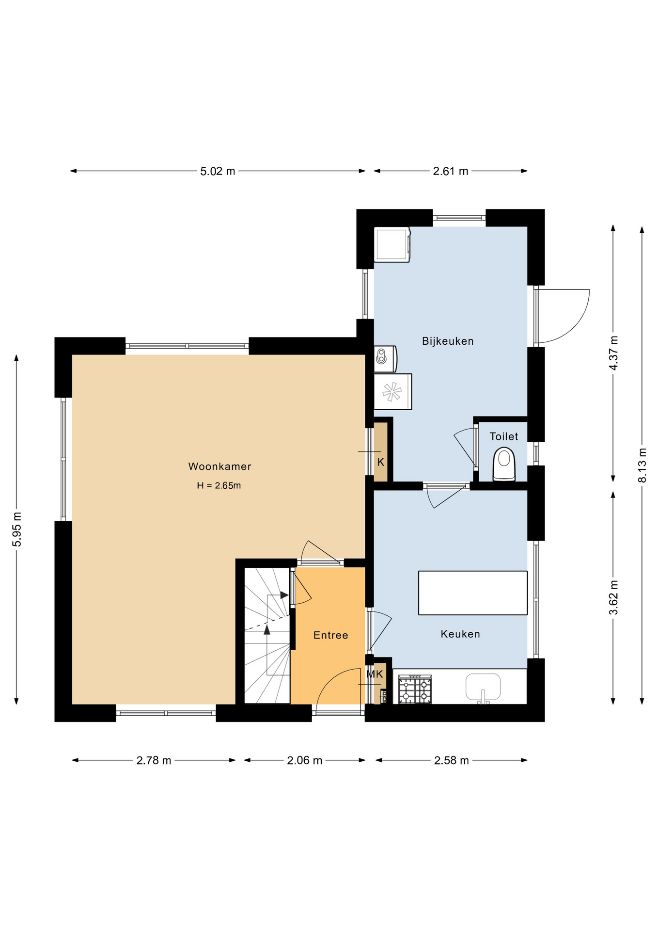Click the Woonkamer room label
pyautogui.click(x=219, y=466)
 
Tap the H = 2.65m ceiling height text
pyautogui.click(x=219, y=485)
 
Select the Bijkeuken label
pyautogui.click(x=447, y=341)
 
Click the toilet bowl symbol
pyautogui.click(x=504, y=464)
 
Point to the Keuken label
pyautogui.click(x=460, y=634)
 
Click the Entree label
pyautogui.click(x=330, y=635)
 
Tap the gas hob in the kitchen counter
pyautogui.click(x=415, y=690)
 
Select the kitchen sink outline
pyautogui.click(x=483, y=688)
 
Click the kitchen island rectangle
pyautogui.click(x=472, y=593)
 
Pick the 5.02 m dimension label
pyautogui.click(x=218, y=171)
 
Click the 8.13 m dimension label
pyautogui.click(x=642, y=465)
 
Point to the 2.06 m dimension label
pyautogui.click(x=304, y=760)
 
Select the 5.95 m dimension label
pyautogui.click(x=16, y=529)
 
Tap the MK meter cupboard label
pyautogui.click(x=375, y=674)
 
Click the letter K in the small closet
pyautogui.click(x=380, y=462)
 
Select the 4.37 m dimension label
pyautogui.click(x=613, y=353)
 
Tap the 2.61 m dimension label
pyautogui.click(x=450, y=171)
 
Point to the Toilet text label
pyautogui.click(x=503, y=436)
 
